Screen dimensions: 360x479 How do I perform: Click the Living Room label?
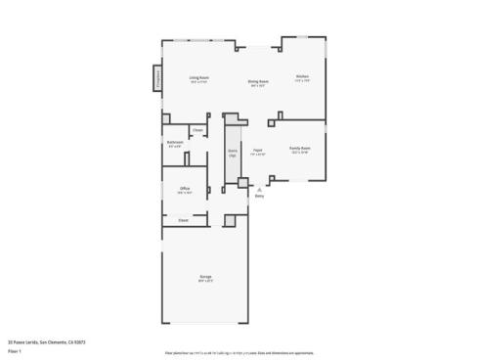click(199, 77)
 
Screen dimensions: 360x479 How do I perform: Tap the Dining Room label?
click(258, 81)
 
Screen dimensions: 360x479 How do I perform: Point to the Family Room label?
click(300, 149)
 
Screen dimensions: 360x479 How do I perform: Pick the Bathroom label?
click(175, 143)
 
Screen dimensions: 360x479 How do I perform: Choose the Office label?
click(184, 188)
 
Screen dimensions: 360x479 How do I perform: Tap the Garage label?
click(206, 277)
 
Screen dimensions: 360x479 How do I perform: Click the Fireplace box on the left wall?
click(157, 79)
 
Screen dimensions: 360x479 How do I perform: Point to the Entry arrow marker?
click(259, 189)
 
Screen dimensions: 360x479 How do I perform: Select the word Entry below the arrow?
click(259, 197)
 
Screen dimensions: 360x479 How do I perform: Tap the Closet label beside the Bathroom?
click(197, 130)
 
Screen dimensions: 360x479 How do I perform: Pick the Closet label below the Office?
click(183, 220)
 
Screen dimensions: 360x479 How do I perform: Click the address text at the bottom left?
click(48, 341)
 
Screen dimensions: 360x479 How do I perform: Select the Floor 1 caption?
click(16, 349)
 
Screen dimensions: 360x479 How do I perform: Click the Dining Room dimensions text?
click(258, 86)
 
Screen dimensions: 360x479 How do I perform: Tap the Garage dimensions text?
click(206, 282)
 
